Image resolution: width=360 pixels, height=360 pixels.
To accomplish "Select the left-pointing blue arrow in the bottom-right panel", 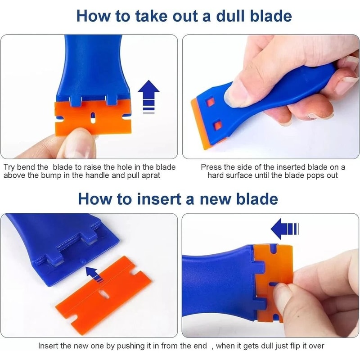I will coord(284,229).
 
